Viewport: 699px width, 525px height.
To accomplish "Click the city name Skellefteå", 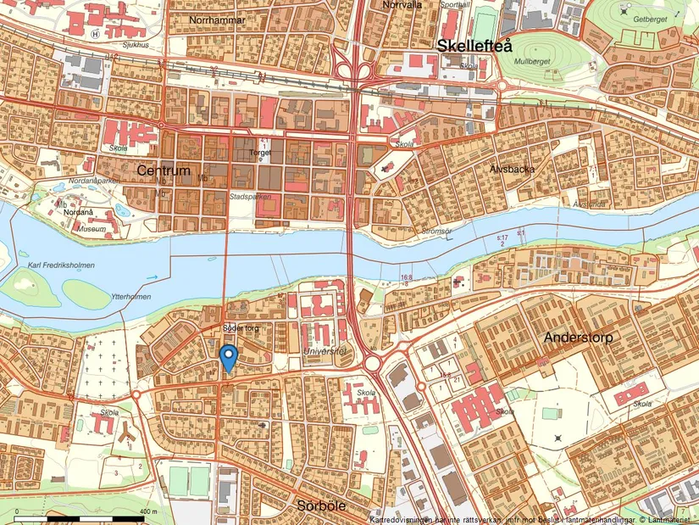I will click(x=475, y=47).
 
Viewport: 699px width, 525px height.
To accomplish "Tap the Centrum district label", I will click(x=164, y=170).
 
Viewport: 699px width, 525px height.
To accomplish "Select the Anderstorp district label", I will click(x=578, y=337).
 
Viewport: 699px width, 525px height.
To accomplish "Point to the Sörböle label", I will click(x=321, y=505).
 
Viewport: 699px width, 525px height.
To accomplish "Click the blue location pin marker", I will click(x=227, y=357).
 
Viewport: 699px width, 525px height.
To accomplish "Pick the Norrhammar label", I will click(x=218, y=20).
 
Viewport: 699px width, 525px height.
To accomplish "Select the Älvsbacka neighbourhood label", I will click(x=513, y=168).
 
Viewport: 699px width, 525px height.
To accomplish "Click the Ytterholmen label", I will click(x=130, y=297).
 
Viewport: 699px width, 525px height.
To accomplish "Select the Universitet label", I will click(x=325, y=350).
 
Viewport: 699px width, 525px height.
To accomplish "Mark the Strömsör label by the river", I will click(x=438, y=231).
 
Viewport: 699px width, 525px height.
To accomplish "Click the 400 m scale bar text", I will click(x=148, y=512).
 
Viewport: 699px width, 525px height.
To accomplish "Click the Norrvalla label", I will click(x=402, y=4).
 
